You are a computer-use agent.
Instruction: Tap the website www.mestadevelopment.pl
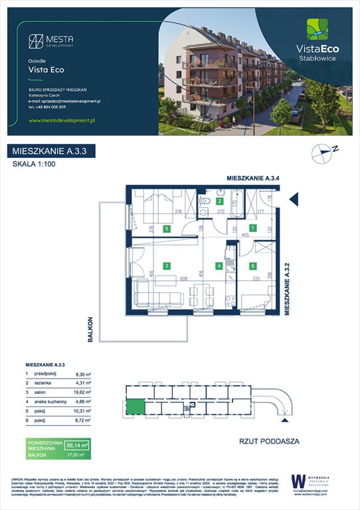63,120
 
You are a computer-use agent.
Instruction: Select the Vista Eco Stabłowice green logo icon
316,30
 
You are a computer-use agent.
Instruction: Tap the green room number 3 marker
167,266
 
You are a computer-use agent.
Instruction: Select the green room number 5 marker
167,228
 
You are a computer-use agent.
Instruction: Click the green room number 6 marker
252,266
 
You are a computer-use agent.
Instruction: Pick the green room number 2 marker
220,200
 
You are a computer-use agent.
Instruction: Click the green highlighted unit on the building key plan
135,406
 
